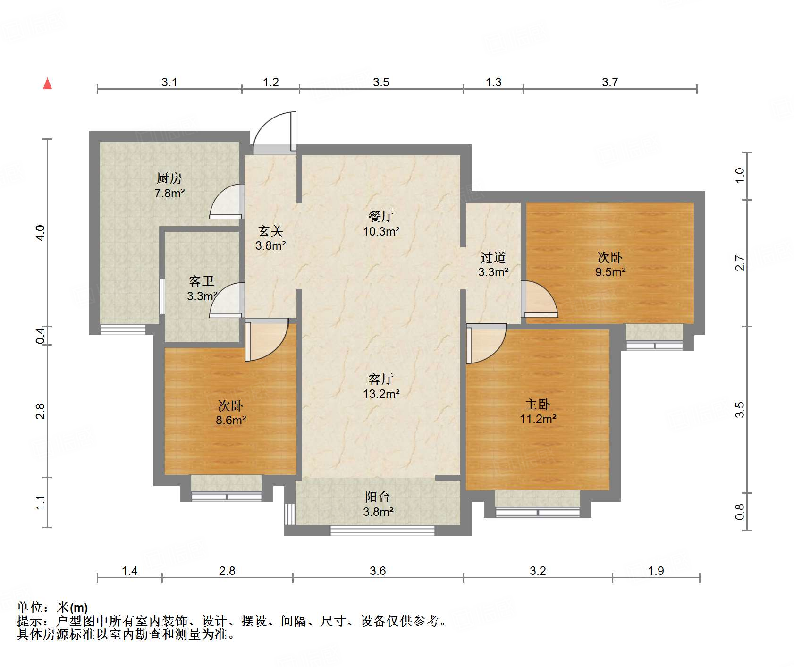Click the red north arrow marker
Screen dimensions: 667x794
(47, 84)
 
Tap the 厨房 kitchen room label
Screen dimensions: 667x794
(169, 178)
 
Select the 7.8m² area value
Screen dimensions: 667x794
(169, 193)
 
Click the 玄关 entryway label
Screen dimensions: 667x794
(270, 231)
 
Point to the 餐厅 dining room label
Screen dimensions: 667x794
(380, 216)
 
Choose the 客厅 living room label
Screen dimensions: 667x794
(380, 379)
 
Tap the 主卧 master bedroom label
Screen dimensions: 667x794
(537, 404)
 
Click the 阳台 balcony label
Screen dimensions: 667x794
(377, 497)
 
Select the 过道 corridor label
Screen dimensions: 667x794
(493, 257)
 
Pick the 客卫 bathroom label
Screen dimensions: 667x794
(202, 281)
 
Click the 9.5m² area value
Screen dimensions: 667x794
(610, 272)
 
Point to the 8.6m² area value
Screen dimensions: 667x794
(231, 420)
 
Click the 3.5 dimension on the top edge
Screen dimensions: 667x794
(380, 82)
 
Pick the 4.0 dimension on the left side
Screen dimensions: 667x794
(41, 233)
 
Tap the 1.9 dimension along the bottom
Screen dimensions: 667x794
(656, 571)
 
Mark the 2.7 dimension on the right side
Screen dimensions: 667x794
(740, 263)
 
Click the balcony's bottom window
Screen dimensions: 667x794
(382, 530)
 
